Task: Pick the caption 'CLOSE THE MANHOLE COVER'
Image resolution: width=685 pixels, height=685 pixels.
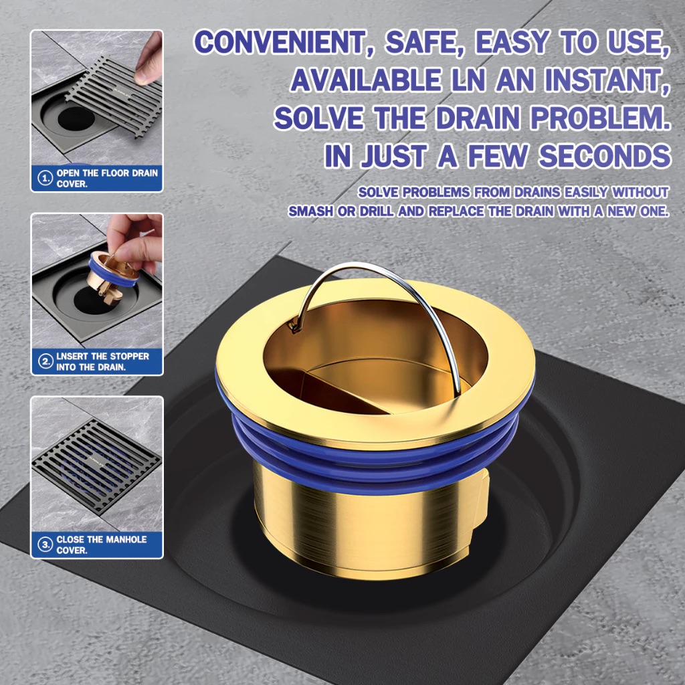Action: click(100, 545)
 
